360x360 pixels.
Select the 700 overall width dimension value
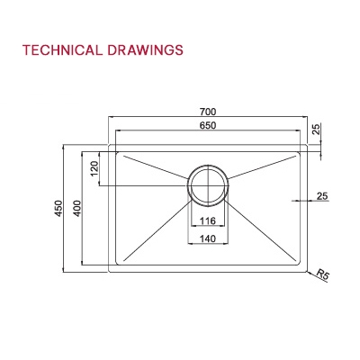209,112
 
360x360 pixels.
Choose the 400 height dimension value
77,208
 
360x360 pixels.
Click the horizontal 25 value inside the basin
321,196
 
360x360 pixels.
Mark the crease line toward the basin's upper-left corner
153,167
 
